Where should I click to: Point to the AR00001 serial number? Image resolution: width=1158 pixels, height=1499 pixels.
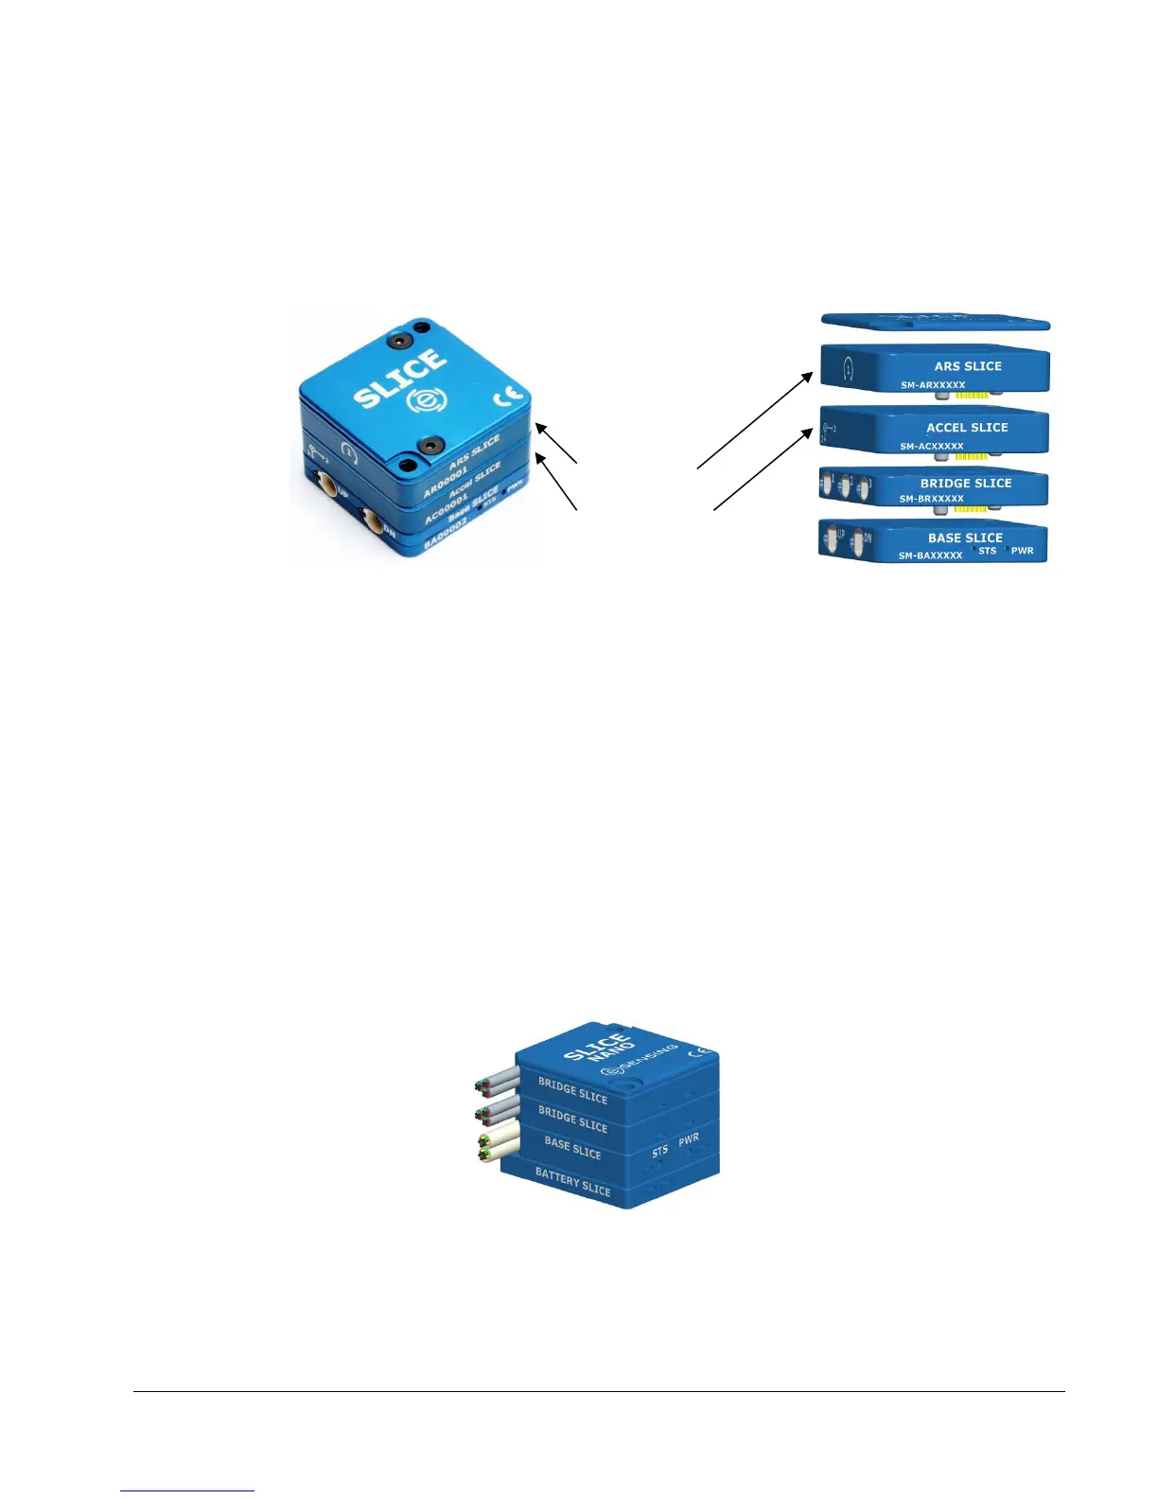446,480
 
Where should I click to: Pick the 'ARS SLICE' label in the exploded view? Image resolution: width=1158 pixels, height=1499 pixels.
967,366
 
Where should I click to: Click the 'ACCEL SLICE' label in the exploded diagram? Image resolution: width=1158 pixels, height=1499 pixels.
967,428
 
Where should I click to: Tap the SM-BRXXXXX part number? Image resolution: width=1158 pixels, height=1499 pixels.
931,499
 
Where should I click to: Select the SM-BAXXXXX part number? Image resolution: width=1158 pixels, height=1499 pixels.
930,556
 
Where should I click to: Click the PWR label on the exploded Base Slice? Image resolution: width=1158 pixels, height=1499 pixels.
1022,551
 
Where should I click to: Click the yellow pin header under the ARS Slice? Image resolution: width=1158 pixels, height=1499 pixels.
972,395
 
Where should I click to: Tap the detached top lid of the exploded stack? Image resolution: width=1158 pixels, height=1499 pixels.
935,322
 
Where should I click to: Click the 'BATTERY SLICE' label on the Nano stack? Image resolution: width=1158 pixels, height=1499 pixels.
572,1181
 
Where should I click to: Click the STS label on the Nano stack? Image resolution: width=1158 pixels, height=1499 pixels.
659,1151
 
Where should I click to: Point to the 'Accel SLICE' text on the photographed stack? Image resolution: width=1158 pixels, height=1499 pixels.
475,479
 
